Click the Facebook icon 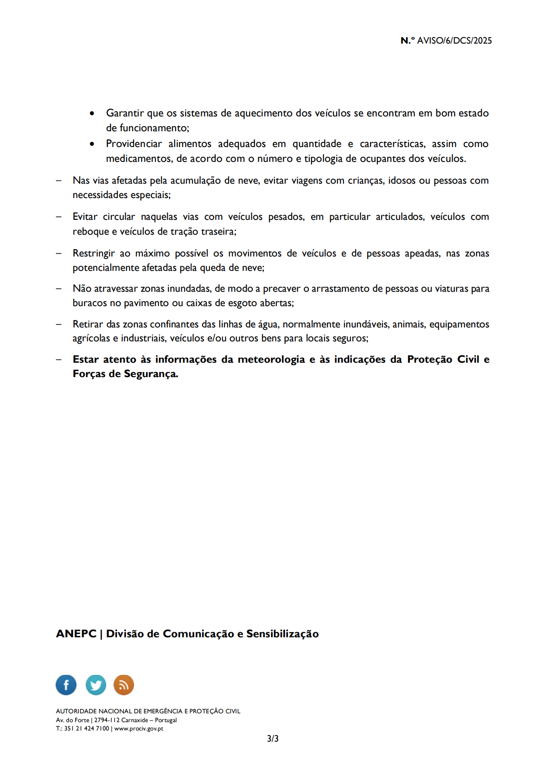(66, 685)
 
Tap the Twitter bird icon (96, 685)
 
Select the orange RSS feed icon (124, 685)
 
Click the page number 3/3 (273, 738)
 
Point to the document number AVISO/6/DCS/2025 (454, 41)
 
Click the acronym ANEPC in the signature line (76, 634)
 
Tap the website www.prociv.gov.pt (139, 728)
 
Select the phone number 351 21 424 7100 (86, 728)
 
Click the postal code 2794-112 (107, 720)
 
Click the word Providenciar (134, 144)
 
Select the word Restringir (94, 253)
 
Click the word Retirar (88, 324)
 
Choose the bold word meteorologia (271, 359)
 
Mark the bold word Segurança (151, 374)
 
